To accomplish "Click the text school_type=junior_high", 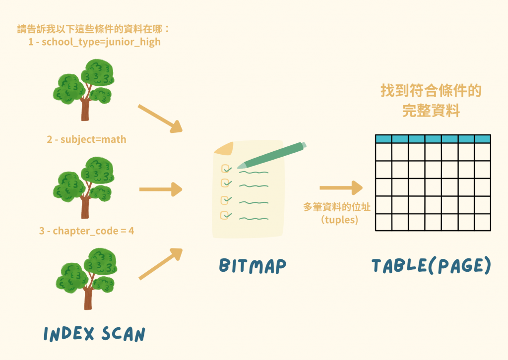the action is [101, 42].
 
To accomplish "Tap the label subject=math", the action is [93, 139].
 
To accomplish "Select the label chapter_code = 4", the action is [93, 231].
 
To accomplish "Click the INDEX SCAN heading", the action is [94, 334].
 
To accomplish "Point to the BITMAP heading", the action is [253, 266].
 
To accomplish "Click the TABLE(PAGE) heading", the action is [431, 265].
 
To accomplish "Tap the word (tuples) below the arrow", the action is [339, 220].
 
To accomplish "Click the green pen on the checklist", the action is [271, 155].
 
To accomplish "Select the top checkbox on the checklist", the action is [226, 169].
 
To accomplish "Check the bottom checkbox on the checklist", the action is [225, 215].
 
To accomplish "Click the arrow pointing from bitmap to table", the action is [341, 188].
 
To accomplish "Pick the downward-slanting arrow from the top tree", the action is [160, 119].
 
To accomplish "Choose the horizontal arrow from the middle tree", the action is [161, 189].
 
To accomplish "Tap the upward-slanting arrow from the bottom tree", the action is [160, 264].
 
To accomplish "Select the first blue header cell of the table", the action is [383, 139].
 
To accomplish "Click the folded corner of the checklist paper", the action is [224, 149].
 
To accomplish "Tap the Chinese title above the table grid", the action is [431, 100].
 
